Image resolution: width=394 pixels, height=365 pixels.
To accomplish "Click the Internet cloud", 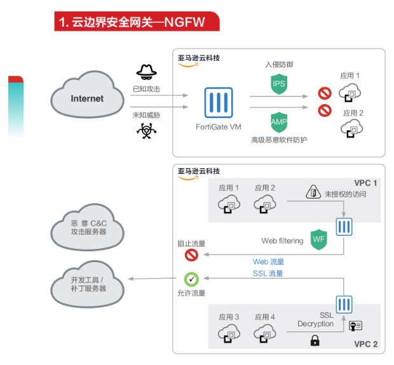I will (x=87, y=98).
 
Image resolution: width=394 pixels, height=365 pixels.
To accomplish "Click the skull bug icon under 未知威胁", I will (x=146, y=130).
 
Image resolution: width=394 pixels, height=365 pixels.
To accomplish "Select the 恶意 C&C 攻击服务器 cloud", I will (x=88, y=227).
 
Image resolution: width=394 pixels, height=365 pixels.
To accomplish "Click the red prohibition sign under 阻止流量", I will (x=191, y=255).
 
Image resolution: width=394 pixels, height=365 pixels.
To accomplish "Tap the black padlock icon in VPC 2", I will (x=314, y=341).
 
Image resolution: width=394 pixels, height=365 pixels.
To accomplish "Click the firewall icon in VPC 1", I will (x=344, y=227).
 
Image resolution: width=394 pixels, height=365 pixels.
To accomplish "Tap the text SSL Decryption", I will (x=316, y=319).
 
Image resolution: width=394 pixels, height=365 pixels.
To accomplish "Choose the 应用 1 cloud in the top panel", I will (x=350, y=93).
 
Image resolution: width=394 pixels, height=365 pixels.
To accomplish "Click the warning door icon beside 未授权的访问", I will (x=314, y=192).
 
